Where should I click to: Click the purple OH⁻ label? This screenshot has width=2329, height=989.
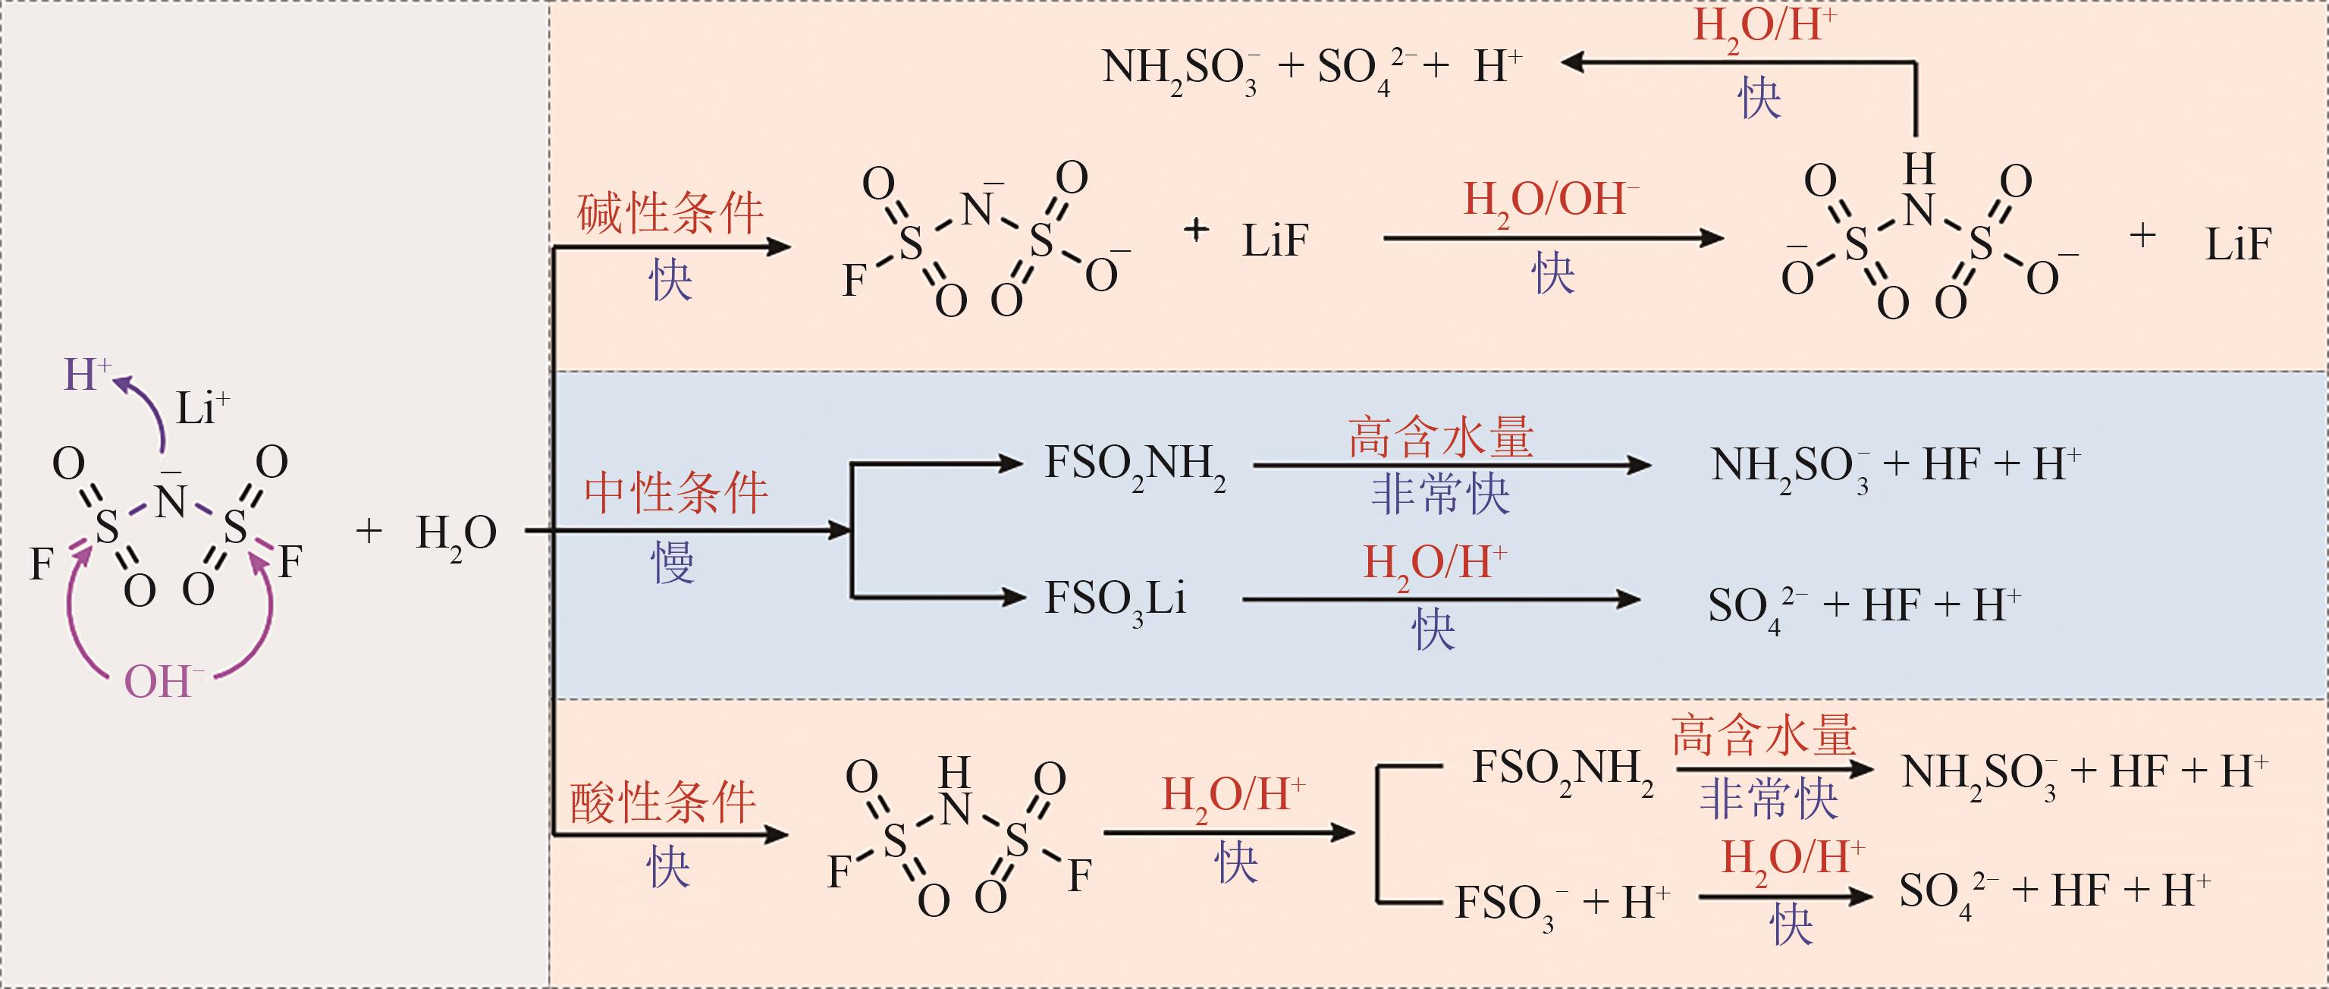click(x=162, y=683)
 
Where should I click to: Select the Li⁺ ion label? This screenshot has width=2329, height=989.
click(x=202, y=408)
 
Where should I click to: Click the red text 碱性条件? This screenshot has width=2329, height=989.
click(x=670, y=215)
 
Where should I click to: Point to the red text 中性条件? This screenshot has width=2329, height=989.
click(x=676, y=494)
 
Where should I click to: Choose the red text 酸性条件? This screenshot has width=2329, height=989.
click(x=663, y=802)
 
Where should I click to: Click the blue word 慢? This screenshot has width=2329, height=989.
click(x=672, y=562)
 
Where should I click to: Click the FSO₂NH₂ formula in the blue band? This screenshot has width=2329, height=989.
click(x=1135, y=466)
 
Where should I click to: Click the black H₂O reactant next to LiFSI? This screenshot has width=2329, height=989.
click(x=456, y=534)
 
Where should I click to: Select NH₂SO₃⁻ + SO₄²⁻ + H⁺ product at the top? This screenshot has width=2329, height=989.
click(x=1312, y=69)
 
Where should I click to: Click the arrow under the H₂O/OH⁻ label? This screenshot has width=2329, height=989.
click(x=1552, y=239)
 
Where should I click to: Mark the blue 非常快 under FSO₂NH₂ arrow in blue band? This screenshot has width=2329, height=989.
click(x=1440, y=495)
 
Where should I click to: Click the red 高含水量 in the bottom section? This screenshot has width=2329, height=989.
click(x=1763, y=735)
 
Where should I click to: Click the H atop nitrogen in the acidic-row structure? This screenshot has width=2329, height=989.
click(x=954, y=773)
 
